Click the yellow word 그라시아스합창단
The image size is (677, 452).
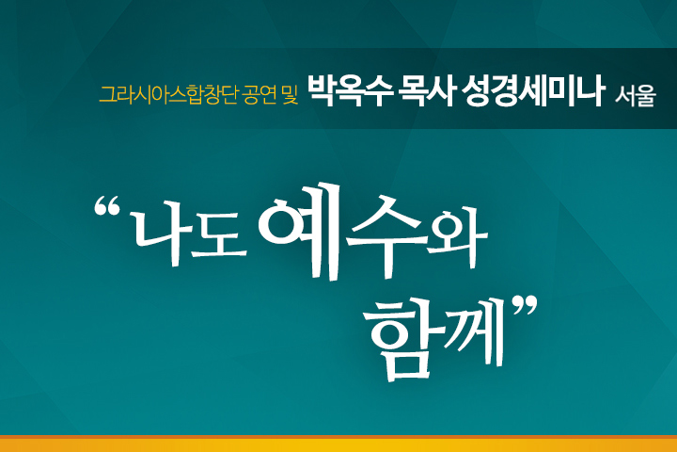point(168,95)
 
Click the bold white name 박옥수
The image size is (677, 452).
point(351,90)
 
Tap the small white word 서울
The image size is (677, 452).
point(636,96)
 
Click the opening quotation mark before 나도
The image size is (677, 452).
point(106,206)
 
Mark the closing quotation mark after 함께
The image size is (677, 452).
point(525,306)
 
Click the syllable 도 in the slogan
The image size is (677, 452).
point(219,236)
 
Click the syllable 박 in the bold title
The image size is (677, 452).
point(323,91)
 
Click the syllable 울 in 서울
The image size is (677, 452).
point(646,96)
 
